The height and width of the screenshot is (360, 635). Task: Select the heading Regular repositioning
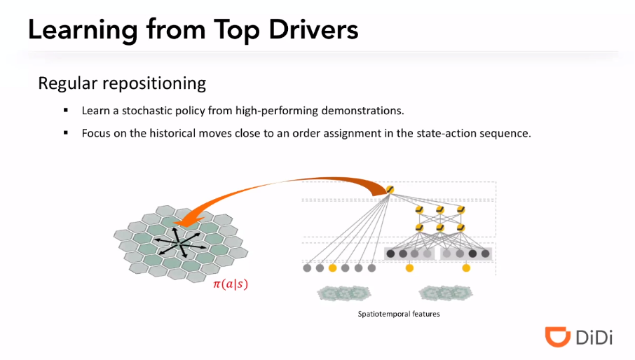pos(122,83)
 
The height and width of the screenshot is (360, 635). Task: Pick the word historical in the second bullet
pos(167,132)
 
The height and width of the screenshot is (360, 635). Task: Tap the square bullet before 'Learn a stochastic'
pos(66,111)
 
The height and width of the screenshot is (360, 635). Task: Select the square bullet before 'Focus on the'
pos(66,132)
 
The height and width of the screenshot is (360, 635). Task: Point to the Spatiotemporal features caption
pos(399,314)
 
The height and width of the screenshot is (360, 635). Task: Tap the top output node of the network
pos(390,189)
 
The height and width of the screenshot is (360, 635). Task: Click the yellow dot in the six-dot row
pos(332,268)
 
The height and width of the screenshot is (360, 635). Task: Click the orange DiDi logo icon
pos(557,336)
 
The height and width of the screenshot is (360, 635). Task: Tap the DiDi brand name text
pos(594,338)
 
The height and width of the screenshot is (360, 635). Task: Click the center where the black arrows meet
pos(180,242)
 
